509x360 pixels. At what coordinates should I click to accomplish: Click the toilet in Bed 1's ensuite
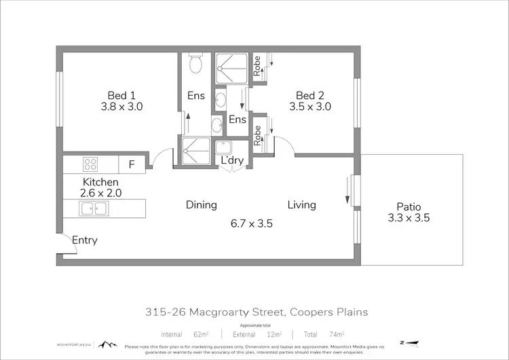point(195,65)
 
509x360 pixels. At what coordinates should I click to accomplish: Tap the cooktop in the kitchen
point(91,164)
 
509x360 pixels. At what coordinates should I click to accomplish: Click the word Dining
point(202,204)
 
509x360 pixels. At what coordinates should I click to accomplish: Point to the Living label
point(302,204)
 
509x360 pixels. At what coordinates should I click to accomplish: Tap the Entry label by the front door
point(85,240)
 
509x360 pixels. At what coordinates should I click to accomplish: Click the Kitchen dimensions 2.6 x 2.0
point(100,193)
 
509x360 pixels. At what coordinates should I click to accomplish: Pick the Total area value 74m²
point(335,334)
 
